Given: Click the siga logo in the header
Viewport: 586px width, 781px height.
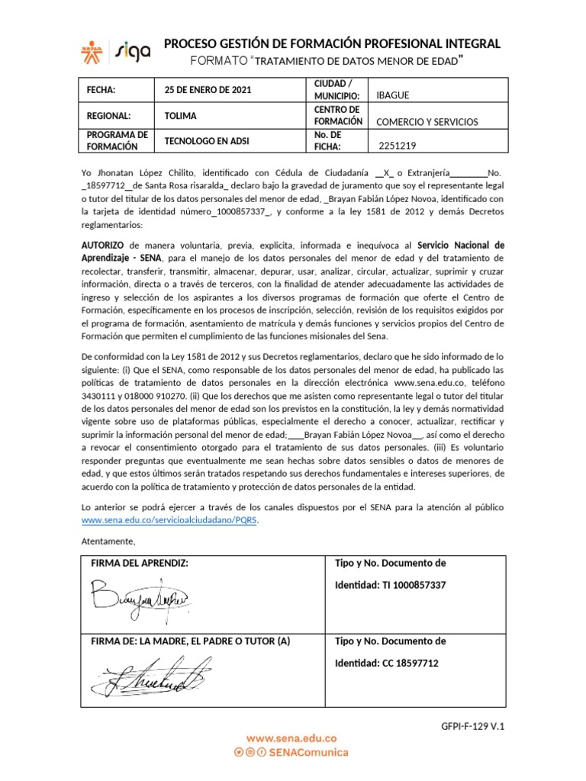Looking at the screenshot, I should (x=133, y=50).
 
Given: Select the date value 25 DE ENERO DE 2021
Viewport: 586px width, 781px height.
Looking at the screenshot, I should (x=208, y=90).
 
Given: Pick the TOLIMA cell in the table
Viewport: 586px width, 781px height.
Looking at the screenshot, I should (x=180, y=116).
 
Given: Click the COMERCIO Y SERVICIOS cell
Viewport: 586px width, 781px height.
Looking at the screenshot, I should (x=427, y=122).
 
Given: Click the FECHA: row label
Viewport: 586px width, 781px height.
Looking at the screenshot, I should (x=101, y=90).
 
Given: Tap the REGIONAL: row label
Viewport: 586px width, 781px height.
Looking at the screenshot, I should (x=109, y=116).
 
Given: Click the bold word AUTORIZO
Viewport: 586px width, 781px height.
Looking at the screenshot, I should (x=104, y=246).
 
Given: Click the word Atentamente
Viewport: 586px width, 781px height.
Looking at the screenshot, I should (x=108, y=542).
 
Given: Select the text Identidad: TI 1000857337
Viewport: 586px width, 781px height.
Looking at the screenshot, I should (x=390, y=585).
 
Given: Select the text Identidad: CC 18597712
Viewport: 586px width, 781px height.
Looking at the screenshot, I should (x=387, y=663).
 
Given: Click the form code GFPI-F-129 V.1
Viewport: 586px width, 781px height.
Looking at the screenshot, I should (x=473, y=727).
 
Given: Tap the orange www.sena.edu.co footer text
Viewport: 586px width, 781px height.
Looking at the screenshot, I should (x=291, y=738).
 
